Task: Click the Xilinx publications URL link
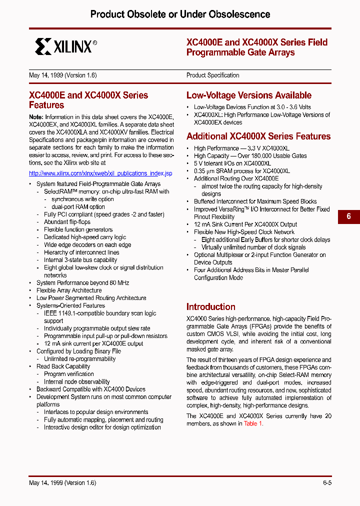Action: [x=100, y=173]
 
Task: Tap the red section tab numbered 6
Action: [x=348, y=216]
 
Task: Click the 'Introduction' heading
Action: [x=210, y=307]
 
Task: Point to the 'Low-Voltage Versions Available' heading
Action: [x=248, y=95]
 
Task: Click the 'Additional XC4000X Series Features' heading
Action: [x=258, y=136]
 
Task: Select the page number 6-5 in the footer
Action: [x=327, y=483]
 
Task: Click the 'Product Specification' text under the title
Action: [x=212, y=75]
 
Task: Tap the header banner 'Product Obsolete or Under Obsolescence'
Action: [x=180, y=14]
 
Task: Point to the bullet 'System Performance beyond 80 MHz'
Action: [x=82, y=283]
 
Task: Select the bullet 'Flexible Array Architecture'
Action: [x=69, y=290]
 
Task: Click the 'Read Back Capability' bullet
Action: [x=63, y=366]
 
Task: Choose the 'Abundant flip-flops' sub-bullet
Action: [x=67, y=222]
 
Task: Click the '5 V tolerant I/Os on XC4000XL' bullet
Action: [x=232, y=163]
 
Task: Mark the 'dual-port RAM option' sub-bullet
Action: [x=78, y=207]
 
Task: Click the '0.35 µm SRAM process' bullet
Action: [x=241, y=171]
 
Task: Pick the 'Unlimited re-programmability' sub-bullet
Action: [x=79, y=359]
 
